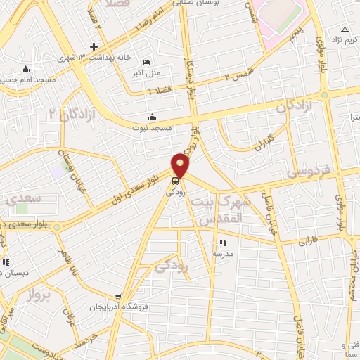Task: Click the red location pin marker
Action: [x=181, y=166]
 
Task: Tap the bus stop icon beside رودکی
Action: [x=175, y=179]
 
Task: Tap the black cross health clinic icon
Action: [x=94, y=47]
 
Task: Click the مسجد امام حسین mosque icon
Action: [x=26, y=69]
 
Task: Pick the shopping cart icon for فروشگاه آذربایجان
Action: [x=120, y=296]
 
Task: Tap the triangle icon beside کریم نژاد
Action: [x=345, y=29]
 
